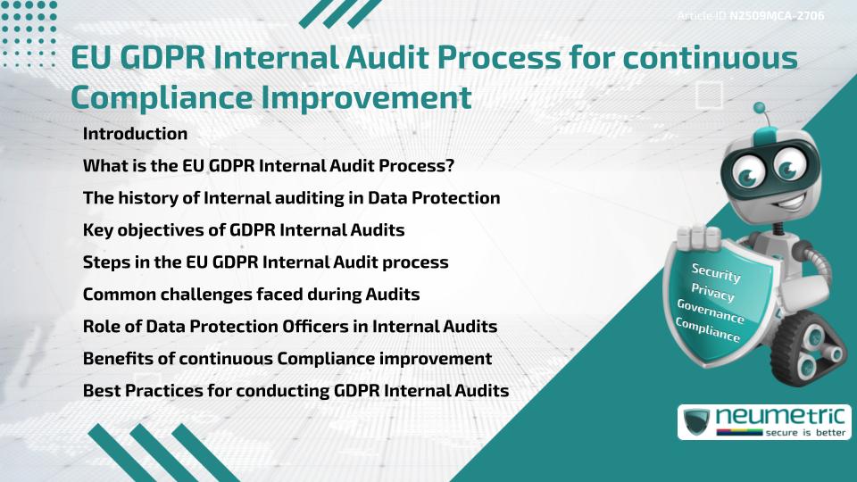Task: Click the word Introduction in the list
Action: [x=135, y=134]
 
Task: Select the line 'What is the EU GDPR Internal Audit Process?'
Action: [x=270, y=166]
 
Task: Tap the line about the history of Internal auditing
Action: [x=291, y=198]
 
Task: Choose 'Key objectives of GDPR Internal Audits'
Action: [x=244, y=230]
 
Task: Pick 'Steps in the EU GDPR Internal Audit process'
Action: [x=265, y=262]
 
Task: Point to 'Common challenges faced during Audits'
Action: [x=251, y=295]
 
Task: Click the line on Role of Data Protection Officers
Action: [x=290, y=327]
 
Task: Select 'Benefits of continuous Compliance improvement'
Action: [x=287, y=359]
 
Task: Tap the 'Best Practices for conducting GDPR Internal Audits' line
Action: [x=295, y=391]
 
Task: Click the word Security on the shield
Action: [x=715, y=272]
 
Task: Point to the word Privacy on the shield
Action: [x=712, y=293]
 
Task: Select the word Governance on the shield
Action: [x=710, y=312]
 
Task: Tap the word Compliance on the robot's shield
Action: [x=708, y=331]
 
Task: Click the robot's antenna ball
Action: [x=761, y=109]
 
